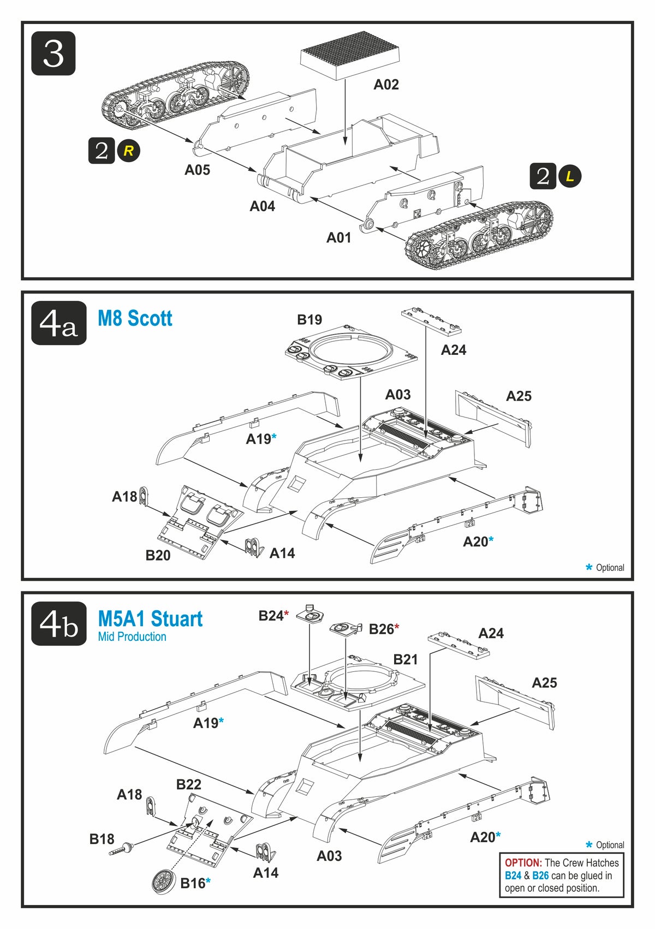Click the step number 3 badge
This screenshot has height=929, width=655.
pyautogui.click(x=53, y=53)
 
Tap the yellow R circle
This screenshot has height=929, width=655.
pyautogui.click(x=129, y=151)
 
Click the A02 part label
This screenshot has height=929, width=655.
pyautogui.click(x=386, y=84)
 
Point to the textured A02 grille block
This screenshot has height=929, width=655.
pyautogui.click(x=350, y=54)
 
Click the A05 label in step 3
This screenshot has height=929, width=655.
pyautogui.click(x=197, y=170)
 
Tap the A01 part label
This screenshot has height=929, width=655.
pyautogui.click(x=338, y=237)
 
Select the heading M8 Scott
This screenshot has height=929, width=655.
pyautogui.click(x=135, y=318)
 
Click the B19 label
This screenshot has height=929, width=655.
pyautogui.click(x=309, y=319)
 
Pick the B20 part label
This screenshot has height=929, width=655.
pyautogui.click(x=158, y=555)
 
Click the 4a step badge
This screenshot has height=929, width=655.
pyautogui.click(x=59, y=323)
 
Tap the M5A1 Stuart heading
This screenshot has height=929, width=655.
pyautogui.click(x=150, y=619)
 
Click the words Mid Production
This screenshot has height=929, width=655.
pyautogui.click(x=132, y=636)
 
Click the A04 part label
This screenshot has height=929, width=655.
pyautogui.click(x=262, y=206)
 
